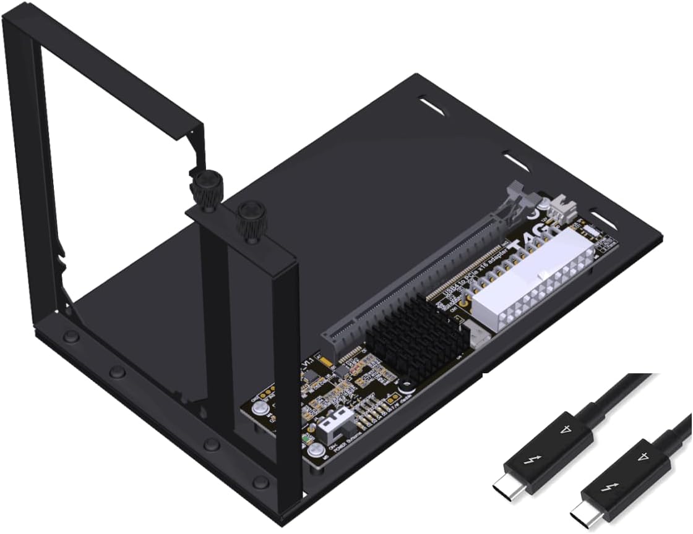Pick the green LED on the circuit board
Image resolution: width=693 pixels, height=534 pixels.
tap(307, 441)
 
